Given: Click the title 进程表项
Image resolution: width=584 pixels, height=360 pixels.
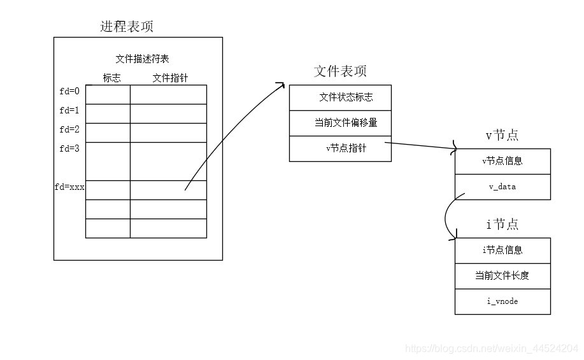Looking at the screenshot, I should click(x=127, y=27).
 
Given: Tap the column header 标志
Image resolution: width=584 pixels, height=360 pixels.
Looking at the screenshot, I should click(x=111, y=78).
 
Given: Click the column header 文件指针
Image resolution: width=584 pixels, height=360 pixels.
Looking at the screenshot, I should click(x=170, y=78).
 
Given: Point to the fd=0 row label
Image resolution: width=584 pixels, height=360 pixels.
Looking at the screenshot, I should click(x=69, y=91).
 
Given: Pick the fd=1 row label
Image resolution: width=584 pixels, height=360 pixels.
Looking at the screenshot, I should click(x=69, y=110).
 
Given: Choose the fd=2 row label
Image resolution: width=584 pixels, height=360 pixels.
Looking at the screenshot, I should click(x=69, y=129).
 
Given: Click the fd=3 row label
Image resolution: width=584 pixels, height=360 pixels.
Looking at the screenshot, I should click(x=69, y=149).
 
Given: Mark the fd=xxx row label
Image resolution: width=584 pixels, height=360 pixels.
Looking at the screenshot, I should click(x=69, y=188).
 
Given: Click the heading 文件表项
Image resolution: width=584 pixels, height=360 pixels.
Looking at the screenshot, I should click(x=340, y=71).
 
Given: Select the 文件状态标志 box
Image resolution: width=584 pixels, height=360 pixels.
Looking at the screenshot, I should click(x=340, y=97).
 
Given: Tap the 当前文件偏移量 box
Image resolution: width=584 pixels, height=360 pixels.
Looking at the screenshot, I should click(x=340, y=123).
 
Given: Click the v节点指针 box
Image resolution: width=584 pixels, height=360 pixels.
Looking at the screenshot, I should click(x=340, y=148).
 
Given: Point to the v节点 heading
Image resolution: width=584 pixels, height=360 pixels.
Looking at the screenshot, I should click(x=502, y=135).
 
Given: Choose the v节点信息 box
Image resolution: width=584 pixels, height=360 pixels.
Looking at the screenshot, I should click(x=502, y=161).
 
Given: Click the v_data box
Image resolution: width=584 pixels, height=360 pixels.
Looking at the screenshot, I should click(x=502, y=187).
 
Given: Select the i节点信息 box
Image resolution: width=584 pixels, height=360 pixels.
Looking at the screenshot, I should click(x=502, y=250).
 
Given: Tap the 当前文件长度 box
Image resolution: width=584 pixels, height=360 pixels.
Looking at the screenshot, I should click(x=502, y=276).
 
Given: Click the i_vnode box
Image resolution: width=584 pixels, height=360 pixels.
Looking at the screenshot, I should click(x=502, y=301).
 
